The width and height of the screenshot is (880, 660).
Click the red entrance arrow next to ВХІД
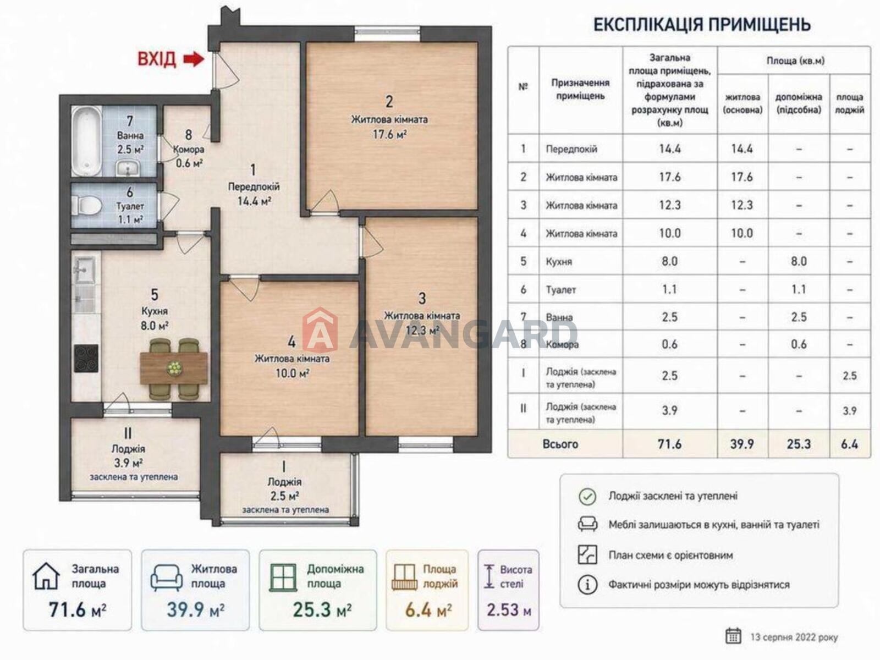click(194, 59)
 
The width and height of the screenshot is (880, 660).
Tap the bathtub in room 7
click(86, 140)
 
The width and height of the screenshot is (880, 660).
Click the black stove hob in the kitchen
click(86, 359)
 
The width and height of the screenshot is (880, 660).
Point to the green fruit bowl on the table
click(174, 369)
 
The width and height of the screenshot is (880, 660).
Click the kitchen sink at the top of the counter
click(85, 269)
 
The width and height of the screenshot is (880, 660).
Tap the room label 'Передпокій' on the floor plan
click(254, 187)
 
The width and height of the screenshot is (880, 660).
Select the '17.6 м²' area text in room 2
click(390, 134)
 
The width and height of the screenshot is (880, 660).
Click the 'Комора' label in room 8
click(189, 150)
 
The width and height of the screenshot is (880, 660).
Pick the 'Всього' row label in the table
click(560, 444)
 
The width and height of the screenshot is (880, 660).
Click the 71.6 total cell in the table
click(669, 444)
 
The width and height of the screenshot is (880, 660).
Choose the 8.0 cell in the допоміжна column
click(799, 261)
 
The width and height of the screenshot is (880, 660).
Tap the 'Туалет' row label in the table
click(561, 289)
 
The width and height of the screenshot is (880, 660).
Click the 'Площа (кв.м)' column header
click(795, 61)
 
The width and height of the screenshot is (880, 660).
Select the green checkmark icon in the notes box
click(587, 497)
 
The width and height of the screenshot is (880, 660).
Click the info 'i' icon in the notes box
click(587, 585)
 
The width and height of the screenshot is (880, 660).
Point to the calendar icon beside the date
click(733, 636)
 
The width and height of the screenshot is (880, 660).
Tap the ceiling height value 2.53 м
click(509, 610)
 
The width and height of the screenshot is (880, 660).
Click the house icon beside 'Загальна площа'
click(46, 576)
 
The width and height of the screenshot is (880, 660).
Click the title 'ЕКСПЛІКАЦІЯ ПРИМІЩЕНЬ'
click(702, 24)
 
